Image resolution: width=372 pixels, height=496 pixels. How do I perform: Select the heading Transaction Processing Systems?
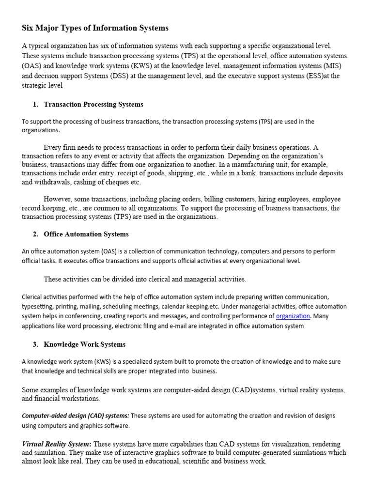(93, 105)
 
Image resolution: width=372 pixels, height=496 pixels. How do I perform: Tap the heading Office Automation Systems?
(86, 234)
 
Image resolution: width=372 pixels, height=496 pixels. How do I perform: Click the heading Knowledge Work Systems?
(85, 344)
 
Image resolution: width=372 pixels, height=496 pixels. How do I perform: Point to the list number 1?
(35, 105)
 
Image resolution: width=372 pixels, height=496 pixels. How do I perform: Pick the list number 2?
(35, 234)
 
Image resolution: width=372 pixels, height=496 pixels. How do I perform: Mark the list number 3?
(35, 344)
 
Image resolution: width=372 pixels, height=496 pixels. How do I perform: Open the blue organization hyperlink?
(293, 316)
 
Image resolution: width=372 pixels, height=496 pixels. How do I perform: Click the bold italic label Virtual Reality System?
(56, 444)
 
